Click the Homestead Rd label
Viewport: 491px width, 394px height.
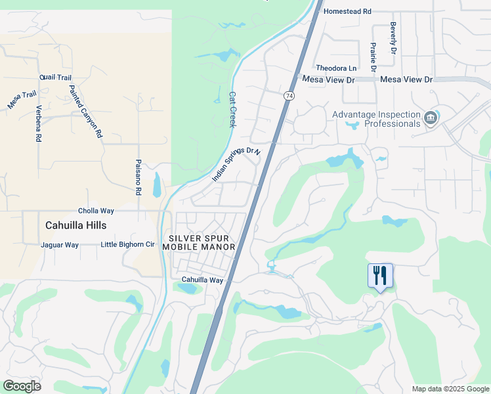pos(348,11)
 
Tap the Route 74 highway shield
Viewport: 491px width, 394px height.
pos(289,96)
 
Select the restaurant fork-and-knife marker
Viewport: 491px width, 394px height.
pos(380,276)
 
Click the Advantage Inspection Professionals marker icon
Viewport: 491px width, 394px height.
pos(431,118)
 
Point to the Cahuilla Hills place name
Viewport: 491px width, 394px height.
pos(75,225)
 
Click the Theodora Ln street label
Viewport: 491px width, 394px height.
pos(336,68)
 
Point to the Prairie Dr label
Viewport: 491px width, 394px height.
pos(373,58)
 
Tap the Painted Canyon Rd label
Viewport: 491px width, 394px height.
pos(86,110)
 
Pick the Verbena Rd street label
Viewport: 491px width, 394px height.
pos(39,123)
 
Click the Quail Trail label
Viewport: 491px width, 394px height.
pos(55,77)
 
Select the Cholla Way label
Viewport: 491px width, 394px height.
pos(96,211)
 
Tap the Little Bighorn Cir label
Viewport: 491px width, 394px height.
pos(127,245)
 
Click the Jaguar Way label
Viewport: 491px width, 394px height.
pos(60,245)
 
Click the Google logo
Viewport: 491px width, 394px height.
pos(22,386)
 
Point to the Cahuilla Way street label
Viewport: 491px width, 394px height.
pos(203,280)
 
